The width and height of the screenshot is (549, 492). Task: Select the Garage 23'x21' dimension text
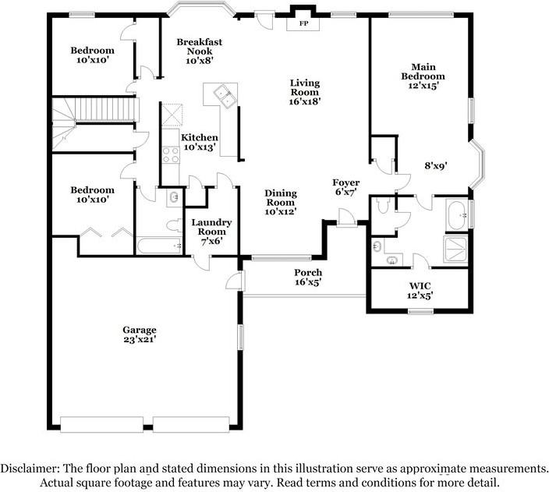[x=139, y=340]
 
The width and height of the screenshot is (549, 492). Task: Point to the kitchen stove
[x=170, y=154]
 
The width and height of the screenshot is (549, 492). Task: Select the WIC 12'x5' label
[x=420, y=290]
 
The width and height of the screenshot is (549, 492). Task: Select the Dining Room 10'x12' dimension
[x=280, y=211]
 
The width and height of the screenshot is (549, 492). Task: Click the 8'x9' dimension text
[x=436, y=165]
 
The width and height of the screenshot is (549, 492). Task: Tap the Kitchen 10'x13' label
[x=200, y=142]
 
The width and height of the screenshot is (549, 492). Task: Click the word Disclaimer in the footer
[x=28, y=469]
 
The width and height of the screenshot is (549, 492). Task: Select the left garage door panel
[x=104, y=423]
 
